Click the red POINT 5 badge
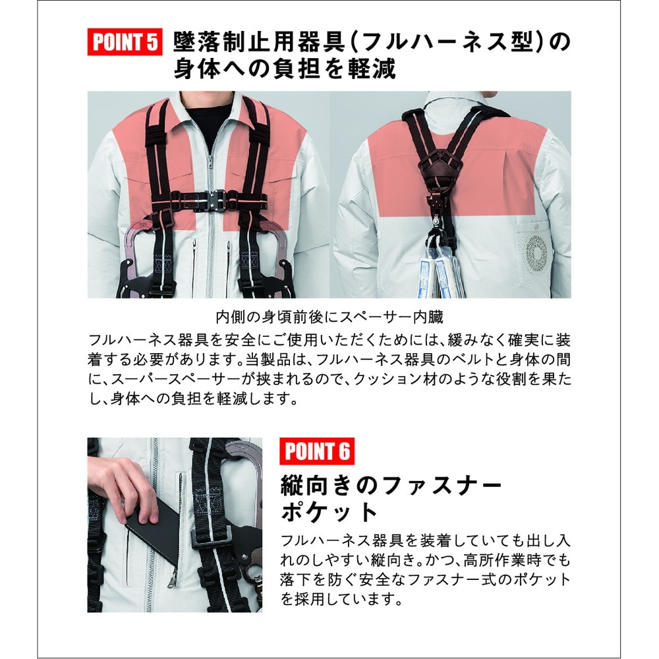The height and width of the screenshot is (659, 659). [x=124, y=42]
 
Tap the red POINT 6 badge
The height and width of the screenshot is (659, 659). [x=317, y=451]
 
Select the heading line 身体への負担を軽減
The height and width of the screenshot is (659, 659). [x=285, y=69]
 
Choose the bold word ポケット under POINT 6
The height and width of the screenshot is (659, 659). [x=329, y=513]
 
